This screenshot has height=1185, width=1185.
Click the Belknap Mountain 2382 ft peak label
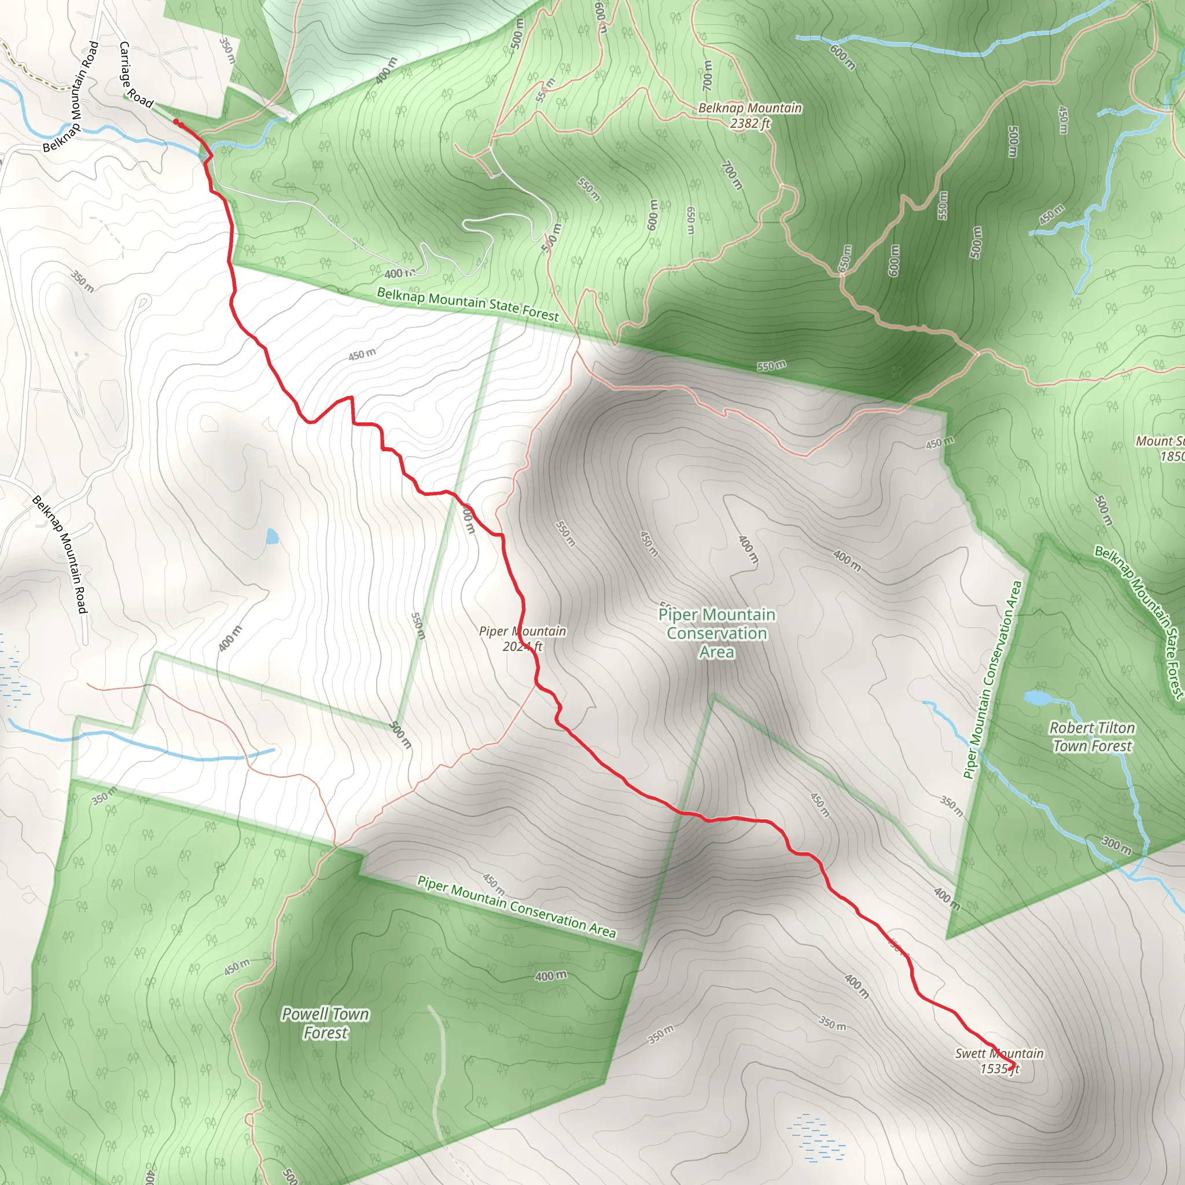749,115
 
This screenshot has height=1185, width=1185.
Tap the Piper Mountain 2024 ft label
522,639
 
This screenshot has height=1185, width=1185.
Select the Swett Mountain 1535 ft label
999,1061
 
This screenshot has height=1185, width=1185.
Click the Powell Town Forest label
325,1024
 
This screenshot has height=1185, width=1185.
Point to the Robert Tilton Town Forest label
1092,737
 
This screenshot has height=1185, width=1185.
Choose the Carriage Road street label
135,75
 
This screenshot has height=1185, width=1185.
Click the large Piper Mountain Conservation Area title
716,633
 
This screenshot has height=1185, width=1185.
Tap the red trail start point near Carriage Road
176,123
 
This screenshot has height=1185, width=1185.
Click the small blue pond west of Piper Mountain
272,538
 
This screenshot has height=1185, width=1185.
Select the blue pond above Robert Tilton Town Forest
1036,698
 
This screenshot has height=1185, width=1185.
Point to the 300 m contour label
1116,846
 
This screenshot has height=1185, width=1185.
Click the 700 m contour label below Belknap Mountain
732,175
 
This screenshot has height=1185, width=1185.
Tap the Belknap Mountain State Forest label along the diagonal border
468,304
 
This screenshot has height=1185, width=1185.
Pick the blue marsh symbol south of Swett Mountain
816,1138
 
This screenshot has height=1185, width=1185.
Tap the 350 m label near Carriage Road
227,51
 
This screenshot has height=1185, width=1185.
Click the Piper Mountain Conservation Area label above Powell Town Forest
517,907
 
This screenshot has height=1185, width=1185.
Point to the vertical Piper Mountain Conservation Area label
992,680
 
